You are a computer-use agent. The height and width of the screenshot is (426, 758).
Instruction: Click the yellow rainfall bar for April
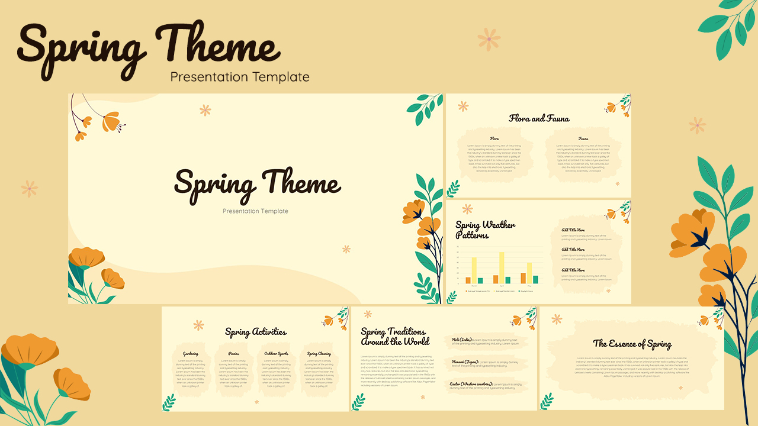(x=502, y=268)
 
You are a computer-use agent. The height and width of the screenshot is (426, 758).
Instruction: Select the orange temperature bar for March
(x=468, y=280)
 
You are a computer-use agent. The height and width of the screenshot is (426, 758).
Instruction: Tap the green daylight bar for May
(x=535, y=280)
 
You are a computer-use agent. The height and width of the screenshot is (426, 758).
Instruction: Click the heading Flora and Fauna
(x=539, y=118)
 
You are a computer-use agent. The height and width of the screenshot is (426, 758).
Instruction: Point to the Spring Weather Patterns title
(x=485, y=230)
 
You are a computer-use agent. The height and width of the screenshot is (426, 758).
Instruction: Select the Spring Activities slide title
(x=256, y=332)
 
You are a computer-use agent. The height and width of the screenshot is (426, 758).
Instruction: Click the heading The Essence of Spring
(x=632, y=344)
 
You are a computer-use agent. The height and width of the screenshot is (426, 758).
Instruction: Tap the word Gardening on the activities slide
(x=191, y=354)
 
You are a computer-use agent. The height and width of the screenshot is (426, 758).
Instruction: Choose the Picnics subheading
(x=233, y=354)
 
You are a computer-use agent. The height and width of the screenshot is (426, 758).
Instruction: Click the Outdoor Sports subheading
(x=276, y=354)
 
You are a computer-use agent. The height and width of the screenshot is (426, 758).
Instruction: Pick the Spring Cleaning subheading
(x=319, y=354)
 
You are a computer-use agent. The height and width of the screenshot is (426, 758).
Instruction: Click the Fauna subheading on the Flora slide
(x=583, y=138)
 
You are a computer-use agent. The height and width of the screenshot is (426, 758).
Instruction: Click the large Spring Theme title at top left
(x=148, y=47)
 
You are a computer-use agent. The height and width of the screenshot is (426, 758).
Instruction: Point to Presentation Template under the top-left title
(x=240, y=77)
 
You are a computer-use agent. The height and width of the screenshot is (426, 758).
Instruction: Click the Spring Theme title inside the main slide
(x=257, y=183)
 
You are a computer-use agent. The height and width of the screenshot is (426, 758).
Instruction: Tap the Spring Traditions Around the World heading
(x=393, y=337)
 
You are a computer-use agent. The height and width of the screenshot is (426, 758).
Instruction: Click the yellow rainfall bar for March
(x=474, y=271)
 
